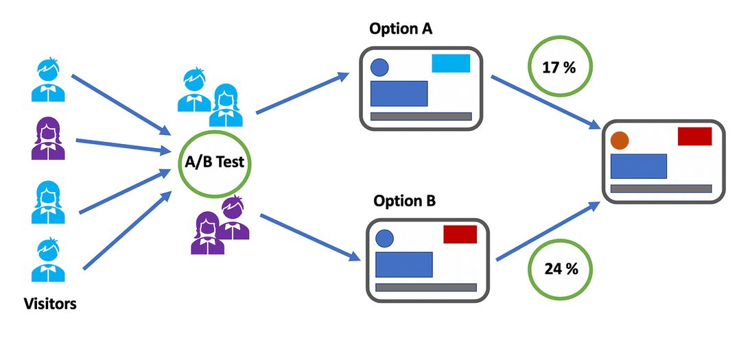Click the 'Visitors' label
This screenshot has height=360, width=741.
[x=50, y=303]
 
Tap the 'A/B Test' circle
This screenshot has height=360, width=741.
[x=214, y=163]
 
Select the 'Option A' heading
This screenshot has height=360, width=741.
[x=401, y=29]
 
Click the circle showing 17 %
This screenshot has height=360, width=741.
[x=560, y=69]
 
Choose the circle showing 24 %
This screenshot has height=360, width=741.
[x=561, y=268]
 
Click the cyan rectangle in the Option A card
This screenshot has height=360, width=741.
[x=451, y=63]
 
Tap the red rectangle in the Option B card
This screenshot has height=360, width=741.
[x=460, y=235]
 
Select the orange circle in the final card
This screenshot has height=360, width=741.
[x=620, y=140]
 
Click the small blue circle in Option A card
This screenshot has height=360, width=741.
[x=379, y=67]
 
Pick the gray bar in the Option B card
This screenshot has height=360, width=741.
[x=426, y=287]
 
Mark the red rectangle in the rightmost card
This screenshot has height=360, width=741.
[x=695, y=136]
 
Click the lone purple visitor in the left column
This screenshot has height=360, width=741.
[x=48, y=139]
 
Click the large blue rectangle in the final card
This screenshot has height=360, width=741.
[x=638, y=166]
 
